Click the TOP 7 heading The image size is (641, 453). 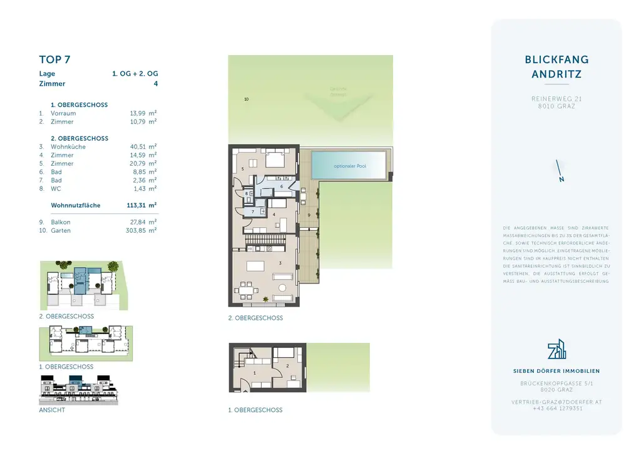click(54, 60)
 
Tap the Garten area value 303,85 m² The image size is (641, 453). click(141, 231)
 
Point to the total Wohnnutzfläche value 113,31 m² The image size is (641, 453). click(141, 205)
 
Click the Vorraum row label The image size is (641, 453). click(63, 114)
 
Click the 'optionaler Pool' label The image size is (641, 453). click(350, 166)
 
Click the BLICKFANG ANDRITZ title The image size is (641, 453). click(556, 67)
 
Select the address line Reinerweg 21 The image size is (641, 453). click(556, 99)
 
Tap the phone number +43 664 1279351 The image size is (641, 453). click(556, 409)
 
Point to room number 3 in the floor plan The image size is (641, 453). click(280, 263)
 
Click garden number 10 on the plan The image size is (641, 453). click(247, 99)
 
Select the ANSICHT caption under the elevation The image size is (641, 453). click(52, 410)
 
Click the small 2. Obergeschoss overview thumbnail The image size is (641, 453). click(83, 285)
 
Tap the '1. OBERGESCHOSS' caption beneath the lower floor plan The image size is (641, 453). click(255, 410)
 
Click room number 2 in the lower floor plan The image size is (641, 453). click(287, 366)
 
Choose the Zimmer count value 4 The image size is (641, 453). click(155, 84)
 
